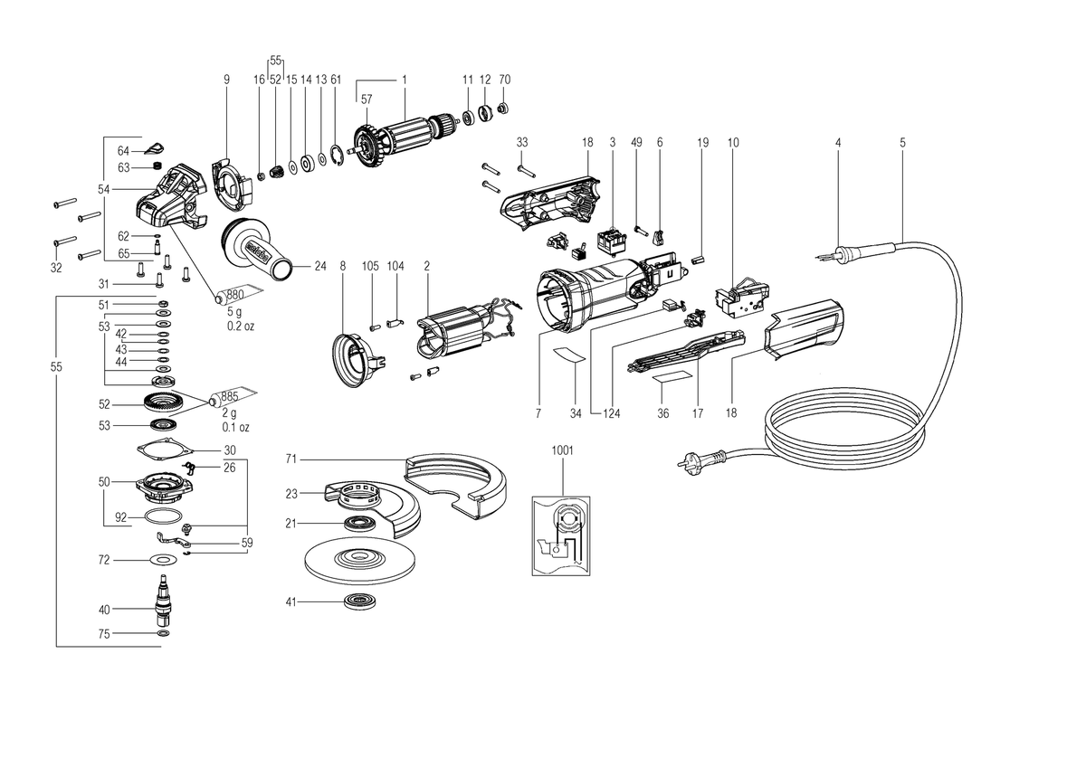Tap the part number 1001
[562, 450]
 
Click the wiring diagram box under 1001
[561, 535]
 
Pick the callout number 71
[291, 459]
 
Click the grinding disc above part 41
[360, 560]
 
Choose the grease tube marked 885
[233, 397]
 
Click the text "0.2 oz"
[241, 327]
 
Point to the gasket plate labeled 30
[162, 450]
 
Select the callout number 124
[612, 413]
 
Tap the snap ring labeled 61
[338, 156]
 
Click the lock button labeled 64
[156, 148]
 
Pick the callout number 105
[370, 266]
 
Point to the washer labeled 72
[162, 560]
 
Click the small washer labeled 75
[164, 633]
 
